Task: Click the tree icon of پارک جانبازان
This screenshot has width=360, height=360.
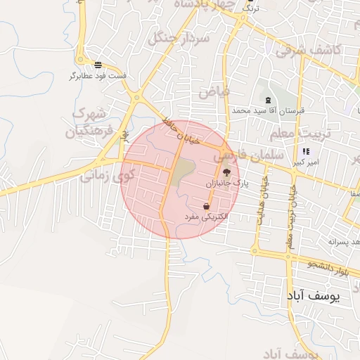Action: click(226, 172)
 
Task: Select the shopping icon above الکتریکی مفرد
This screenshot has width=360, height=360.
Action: click(205, 207)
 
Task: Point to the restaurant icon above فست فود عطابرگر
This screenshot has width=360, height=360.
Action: click(97, 65)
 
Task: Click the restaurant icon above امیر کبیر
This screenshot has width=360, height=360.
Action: click(305, 151)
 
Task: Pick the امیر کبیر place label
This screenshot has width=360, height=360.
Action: click(307, 161)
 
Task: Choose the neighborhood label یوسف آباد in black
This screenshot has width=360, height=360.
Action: click(314, 297)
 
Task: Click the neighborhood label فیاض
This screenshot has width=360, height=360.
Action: click(214, 91)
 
